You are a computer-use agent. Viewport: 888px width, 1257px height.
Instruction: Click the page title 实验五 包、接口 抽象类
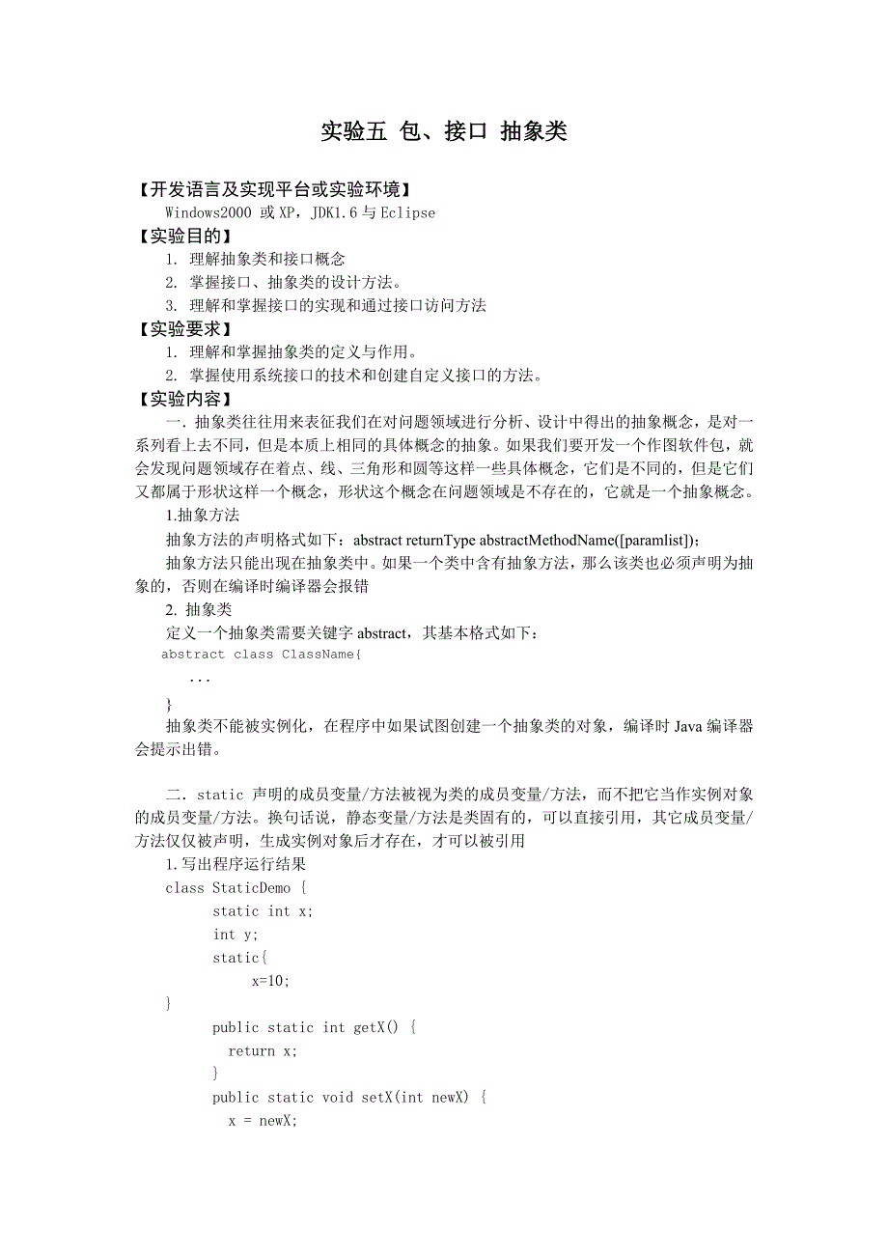[443, 132]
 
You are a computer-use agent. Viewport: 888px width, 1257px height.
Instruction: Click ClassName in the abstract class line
[318, 655]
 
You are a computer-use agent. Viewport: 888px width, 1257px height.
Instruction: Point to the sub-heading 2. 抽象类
[199, 609]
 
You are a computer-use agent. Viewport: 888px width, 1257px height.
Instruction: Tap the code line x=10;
[270, 981]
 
